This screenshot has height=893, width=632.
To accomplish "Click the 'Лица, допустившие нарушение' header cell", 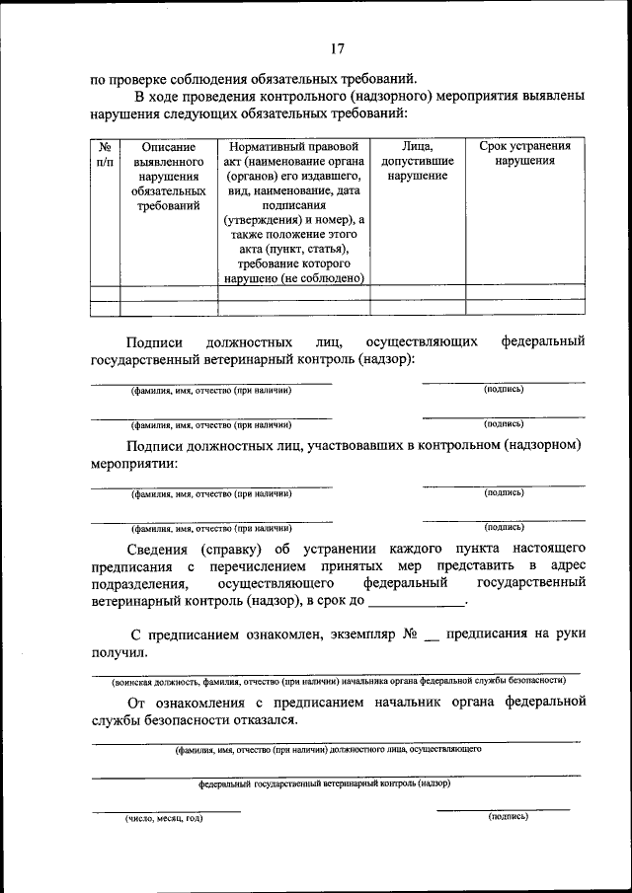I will tap(418, 161).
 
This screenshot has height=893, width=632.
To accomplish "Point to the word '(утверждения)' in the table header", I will tap(264, 219).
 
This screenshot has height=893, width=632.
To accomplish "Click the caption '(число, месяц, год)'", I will tap(164, 818).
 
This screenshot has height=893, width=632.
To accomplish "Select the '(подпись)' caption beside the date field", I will tap(508, 817).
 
